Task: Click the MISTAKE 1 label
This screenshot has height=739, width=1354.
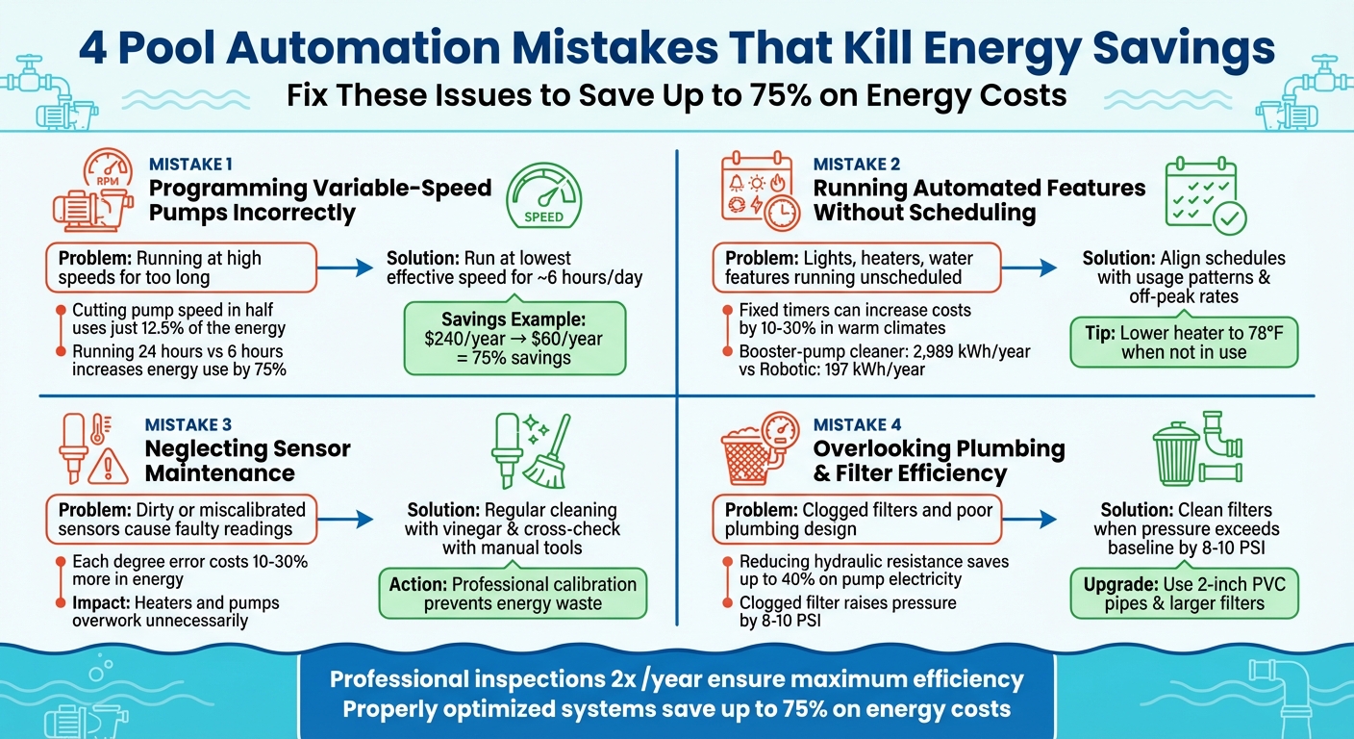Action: [190, 165]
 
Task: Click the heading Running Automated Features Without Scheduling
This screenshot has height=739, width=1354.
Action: [979, 200]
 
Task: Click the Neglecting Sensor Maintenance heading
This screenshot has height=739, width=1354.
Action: [247, 461]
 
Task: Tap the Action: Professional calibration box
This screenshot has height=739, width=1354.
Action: [513, 594]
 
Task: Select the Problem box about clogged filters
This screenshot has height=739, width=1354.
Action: [856, 520]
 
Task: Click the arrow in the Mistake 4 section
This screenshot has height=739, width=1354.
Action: [1038, 520]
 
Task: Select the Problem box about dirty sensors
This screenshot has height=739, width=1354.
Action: [182, 520]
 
